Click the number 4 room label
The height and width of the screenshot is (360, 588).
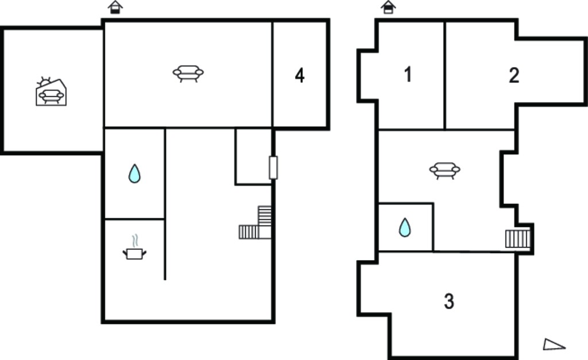pyautogui.click(x=300, y=75)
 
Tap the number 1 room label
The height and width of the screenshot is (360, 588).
pyautogui.click(x=408, y=74)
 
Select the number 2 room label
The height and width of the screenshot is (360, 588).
pyautogui.click(x=514, y=75)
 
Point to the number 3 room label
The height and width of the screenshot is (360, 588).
pyautogui.click(x=449, y=301)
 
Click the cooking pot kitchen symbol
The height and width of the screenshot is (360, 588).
pyautogui.click(x=134, y=254)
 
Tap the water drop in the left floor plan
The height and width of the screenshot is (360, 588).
pyautogui.click(x=134, y=173)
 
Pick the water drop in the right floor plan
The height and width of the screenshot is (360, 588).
pyautogui.click(x=405, y=227)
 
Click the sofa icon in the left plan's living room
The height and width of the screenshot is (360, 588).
pyautogui.click(x=188, y=73)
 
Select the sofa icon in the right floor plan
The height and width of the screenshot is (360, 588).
pyautogui.click(x=445, y=171)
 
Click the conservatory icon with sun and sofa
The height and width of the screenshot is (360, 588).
pyautogui.click(x=51, y=92)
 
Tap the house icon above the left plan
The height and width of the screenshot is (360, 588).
pyautogui.click(x=115, y=7)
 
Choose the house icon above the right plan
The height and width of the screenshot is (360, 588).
pyautogui.click(x=388, y=7)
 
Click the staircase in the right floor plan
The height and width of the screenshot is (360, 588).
pyautogui.click(x=518, y=238)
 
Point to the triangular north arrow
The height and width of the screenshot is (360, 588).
pyautogui.click(x=554, y=344)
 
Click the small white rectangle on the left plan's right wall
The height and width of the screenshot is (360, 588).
pyautogui.click(x=273, y=168)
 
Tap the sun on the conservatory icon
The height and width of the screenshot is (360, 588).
pyautogui.click(x=44, y=82)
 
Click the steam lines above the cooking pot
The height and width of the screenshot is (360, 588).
pyautogui.click(x=135, y=241)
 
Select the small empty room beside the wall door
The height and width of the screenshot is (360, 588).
pyautogui.click(x=253, y=156)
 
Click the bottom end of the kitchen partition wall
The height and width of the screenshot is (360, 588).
pyautogui.click(x=165, y=280)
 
